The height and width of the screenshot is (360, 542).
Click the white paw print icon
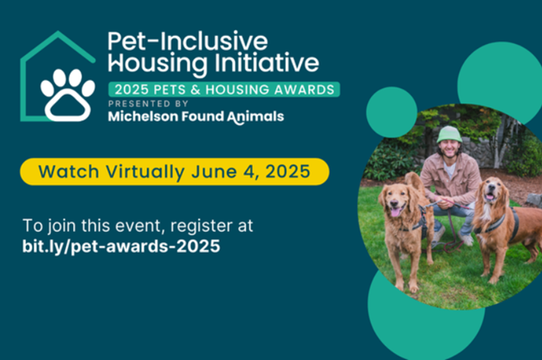click(68, 94)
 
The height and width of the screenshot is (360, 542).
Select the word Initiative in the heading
click(274, 62)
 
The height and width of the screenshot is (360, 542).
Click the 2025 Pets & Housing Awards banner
click(223, 89)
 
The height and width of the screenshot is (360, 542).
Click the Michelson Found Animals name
click(196, 117)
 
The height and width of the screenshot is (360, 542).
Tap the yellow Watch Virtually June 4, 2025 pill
click(174, 172)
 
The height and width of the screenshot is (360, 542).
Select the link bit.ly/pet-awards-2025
click(123, 247)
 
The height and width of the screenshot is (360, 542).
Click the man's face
click(450, 152)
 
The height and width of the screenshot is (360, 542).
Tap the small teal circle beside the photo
click(391, 112)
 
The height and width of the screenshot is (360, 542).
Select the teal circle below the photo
click(417, 325)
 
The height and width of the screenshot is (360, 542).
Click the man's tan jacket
click(450, 179)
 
